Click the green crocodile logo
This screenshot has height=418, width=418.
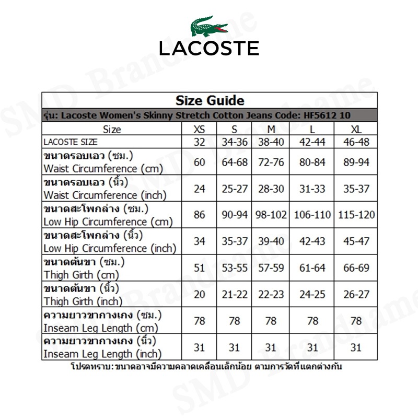(208, 26)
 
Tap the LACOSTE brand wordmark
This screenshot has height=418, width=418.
(209, 48)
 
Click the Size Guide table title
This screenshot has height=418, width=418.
(210, 100)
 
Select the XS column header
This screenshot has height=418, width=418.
(200, 129)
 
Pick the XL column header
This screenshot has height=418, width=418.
(356, 129)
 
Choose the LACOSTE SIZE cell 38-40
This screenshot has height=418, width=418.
(271, 142)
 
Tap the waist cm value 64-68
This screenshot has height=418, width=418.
(235, 162)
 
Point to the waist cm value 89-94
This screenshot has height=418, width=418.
(356, 162)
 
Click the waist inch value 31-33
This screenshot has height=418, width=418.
(312, 189)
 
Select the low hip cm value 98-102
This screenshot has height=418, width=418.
(271, 215)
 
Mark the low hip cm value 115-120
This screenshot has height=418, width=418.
(356, 215)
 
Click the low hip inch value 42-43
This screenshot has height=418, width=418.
(312, 241)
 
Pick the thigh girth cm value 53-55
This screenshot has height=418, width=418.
(235, 268)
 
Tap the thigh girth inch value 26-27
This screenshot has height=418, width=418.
(356, 295)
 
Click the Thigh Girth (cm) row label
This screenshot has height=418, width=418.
(82, 275)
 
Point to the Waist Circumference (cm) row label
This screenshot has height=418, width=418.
(103, 169)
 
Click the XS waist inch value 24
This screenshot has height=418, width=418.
(200, 189)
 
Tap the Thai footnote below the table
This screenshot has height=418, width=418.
(206, 366)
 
